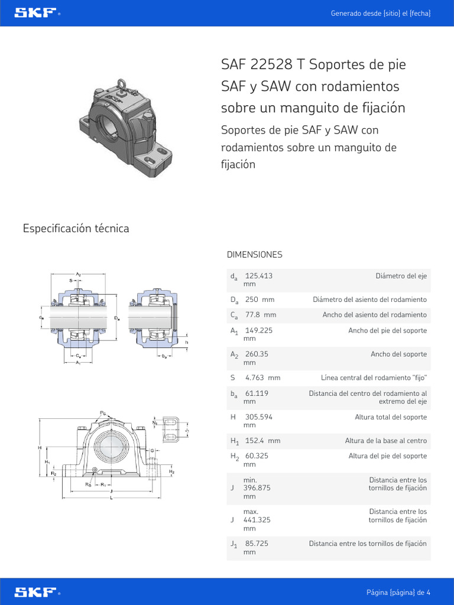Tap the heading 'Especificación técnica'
(x=76, y=228)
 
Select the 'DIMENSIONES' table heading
(x=254, y=255)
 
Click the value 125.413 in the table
(x=258, y=276)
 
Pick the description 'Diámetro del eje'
(x=401, y=276)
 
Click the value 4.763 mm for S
(x=262, y=378)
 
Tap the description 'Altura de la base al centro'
(x=385, y=441)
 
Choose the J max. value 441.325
(x=259, y=520)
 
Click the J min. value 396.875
(x=259, y=489)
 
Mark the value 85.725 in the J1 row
(x=257, y=544)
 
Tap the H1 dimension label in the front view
(x=47, y=461)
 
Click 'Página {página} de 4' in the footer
(x=398, y=592)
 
